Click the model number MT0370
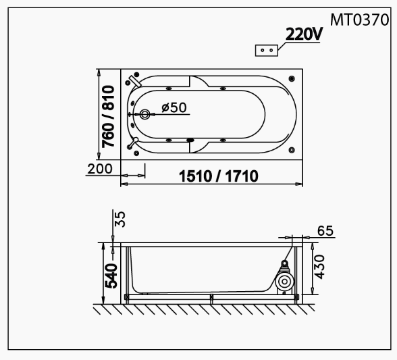[x=359, y=20]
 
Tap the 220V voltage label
[x=304, y=34]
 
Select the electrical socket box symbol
[x=266, y=51]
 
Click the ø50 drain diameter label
[x=174, y=107]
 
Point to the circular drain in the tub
[x=144, y=115]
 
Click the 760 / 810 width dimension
[x=108, y=117]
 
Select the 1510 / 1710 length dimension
[x=219, y=176]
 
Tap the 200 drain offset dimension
[x=100, y=169]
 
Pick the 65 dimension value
[x=325, y=231]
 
